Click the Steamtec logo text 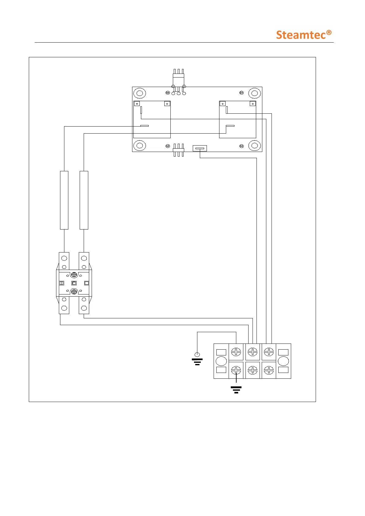tap(301, 35)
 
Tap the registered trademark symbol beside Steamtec tap(329, 32)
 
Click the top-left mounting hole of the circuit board tap(139, 93)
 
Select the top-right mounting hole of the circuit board tap(254, 93)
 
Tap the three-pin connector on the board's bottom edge tap(178, 150)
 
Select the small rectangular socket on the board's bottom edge tap(200, 149)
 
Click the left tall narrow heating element tap(64, 200)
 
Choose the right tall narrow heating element tap(84, 200)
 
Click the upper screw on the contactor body tap(74, 275)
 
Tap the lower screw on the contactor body tap(74, 292)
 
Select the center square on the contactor tap(74, 283)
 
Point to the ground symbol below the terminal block tap(236, 389)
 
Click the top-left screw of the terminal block tap(236, 352)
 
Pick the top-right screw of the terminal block tap(269, 352)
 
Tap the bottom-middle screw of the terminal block tap(253, 370)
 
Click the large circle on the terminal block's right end tap(283, 361)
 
